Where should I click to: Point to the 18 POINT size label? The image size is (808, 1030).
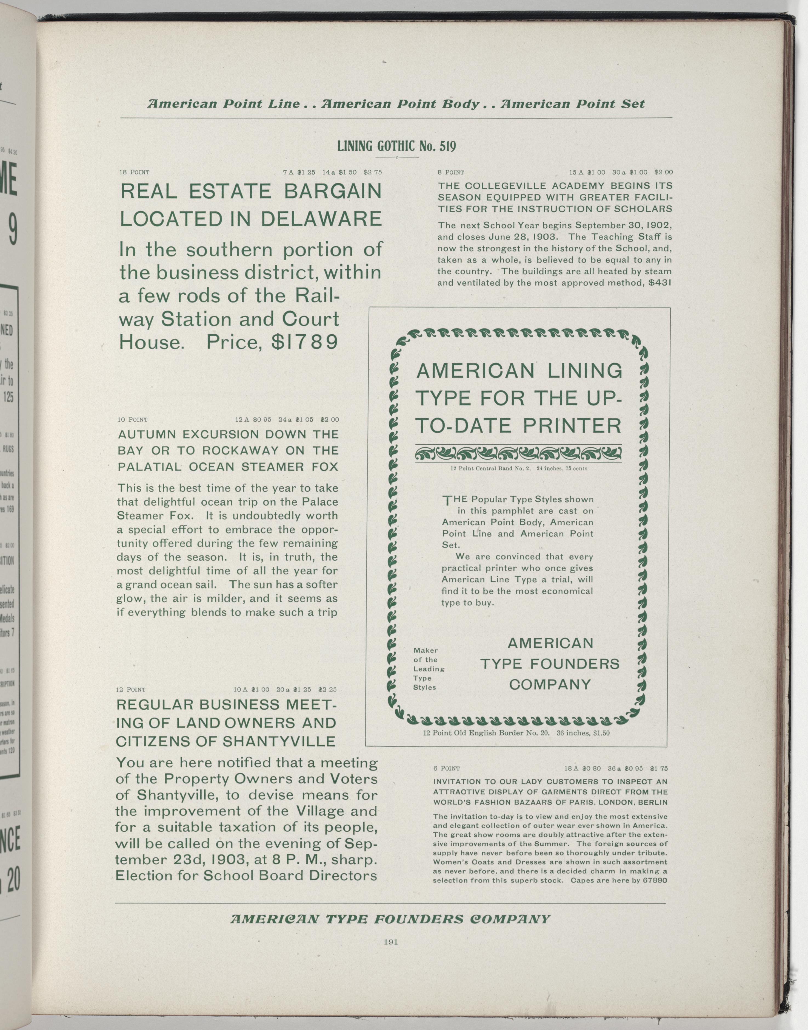[x=134, y=172]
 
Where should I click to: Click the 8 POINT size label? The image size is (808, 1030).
[x=451, y=172]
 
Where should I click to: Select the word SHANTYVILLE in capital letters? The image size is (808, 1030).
[x=279, y=741]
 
